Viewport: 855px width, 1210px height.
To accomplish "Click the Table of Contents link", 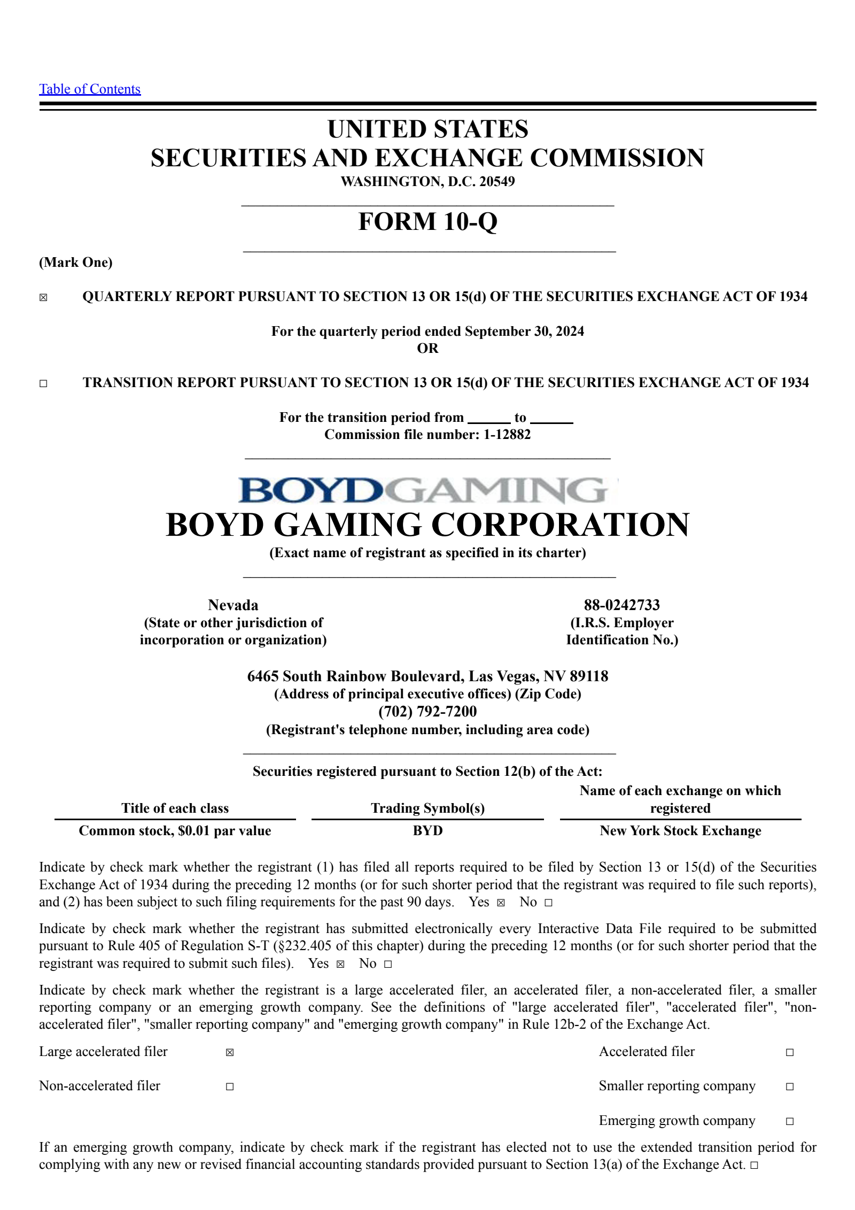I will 90,89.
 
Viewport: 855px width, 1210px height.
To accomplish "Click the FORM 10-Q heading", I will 428,221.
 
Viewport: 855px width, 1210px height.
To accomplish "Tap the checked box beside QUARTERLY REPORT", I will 43,298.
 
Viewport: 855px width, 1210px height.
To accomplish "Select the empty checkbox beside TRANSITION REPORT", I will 43,383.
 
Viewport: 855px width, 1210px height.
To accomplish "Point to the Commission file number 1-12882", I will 507,434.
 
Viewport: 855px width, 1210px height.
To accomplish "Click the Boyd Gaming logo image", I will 428,490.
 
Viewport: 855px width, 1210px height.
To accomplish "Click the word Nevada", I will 233,605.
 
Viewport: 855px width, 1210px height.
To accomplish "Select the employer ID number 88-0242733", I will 621,605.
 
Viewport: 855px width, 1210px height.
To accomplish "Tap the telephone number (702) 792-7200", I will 428,711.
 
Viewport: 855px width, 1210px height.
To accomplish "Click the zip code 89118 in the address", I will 589,676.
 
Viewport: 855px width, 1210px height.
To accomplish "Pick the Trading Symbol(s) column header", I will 428,808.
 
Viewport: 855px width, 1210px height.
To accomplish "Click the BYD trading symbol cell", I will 428,830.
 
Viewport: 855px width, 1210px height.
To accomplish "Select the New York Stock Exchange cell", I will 680,830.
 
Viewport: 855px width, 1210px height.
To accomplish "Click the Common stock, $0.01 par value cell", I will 175,830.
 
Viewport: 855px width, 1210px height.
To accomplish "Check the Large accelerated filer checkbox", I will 230,1052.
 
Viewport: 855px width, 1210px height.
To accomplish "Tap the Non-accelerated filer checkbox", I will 230,1086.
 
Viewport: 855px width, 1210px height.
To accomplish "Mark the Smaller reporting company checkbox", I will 790,1086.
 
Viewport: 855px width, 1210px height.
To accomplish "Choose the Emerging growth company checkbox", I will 790,1121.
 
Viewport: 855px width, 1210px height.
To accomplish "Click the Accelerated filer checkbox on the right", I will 790,1052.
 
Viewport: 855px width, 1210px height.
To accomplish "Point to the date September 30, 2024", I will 524,332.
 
